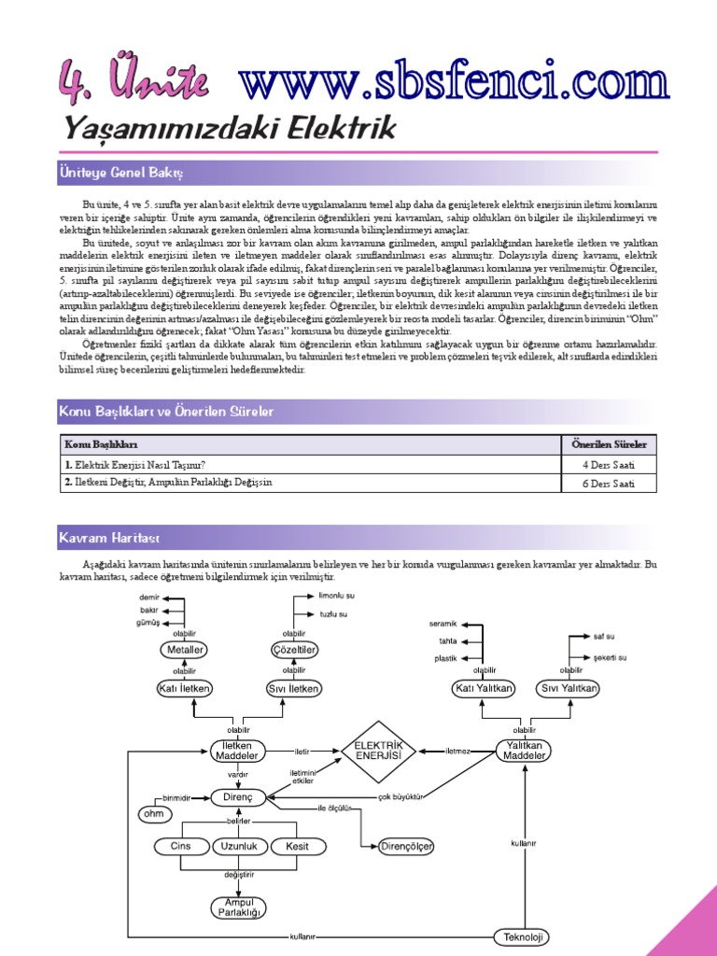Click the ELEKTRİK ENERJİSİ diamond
[x=378, y=751]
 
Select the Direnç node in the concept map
[x=240, y=796]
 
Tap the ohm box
[x=149, y=814]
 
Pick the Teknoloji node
[x=521, y=936]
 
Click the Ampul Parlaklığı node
[x=240, y=907]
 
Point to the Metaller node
[x=184, y=649]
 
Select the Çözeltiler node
[x=294, y=649]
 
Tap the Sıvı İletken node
[x=294, y=688]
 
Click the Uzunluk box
[x=240, y=847]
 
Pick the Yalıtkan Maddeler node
[x=524, y=751]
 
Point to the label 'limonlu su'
[x=337, y=595]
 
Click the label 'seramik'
[x=443, y=623]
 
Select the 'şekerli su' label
[x=610, y=657]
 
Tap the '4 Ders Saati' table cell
[x=609, y=464]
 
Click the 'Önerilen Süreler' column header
[x=609, y=443]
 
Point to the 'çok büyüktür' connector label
[x=401, y=796]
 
